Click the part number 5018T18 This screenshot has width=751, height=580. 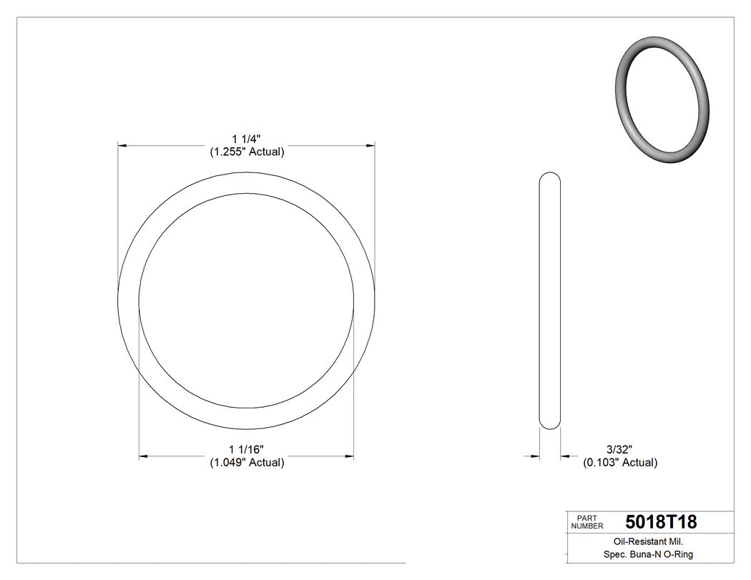pos(660,522)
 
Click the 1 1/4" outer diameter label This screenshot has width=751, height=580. pos(247,139)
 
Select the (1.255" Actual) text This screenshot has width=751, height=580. pos(247,152)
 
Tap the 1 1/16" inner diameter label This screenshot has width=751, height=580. pos(247,449)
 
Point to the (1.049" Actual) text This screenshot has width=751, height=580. pos(247,462)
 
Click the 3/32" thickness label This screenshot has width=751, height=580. pos(619,449)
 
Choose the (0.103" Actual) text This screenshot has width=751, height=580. pos(620,462)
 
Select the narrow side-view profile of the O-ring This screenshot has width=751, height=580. pos(549,300)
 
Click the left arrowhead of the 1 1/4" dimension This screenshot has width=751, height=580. pos(122,145)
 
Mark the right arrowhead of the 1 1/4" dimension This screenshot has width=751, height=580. pos(370,145)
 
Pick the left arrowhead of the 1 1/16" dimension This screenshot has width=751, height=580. pos(143,456)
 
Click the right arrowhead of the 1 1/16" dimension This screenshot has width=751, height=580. pos(350,456)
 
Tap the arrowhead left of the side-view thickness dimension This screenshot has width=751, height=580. pos(534,456)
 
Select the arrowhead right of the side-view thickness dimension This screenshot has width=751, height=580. pos(565,456)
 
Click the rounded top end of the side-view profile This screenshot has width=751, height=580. pos(549,176)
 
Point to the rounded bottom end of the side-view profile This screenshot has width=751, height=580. pos(549,426)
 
